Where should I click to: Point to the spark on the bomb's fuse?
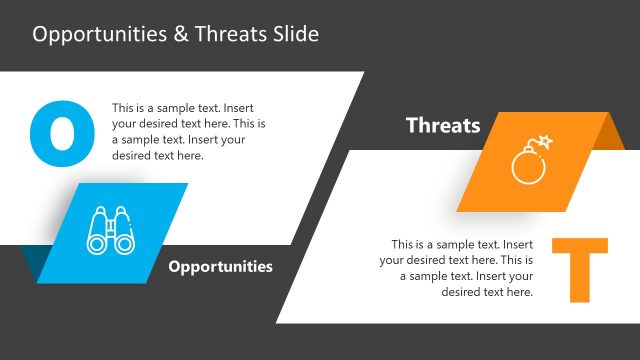(x=546, y=142)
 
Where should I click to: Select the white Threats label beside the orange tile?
(x=443, y=126)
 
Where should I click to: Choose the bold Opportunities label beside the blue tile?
(x=220, y=267)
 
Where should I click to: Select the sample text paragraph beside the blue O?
(x=188, y=131)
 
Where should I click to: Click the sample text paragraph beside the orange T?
(x=457, y=268)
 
